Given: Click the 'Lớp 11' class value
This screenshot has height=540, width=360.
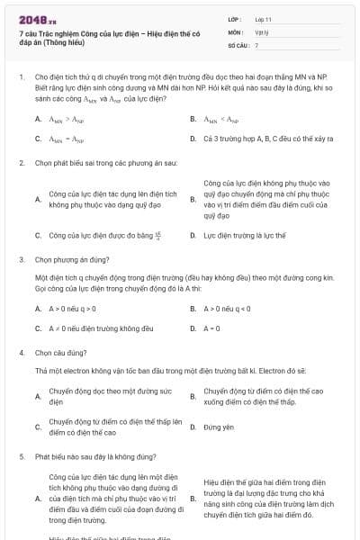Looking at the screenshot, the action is click(x=263, y=18).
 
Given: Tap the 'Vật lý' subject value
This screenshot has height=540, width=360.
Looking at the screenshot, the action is click(x=261, y=31).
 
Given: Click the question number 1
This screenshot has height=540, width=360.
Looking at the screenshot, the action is click(x=22, y=77).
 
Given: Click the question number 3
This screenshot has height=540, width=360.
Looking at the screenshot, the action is click(x=22, y=258).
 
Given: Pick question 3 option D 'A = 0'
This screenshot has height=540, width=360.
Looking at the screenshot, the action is click(x=212, y=328).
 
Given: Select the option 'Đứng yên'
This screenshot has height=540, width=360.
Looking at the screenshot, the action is click(x=218, y=427).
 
